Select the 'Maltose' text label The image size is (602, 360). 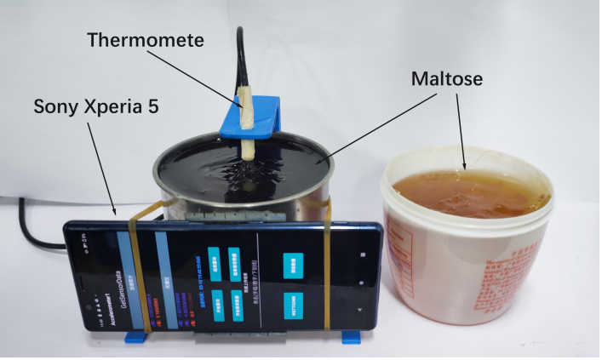tap(447, 78)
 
